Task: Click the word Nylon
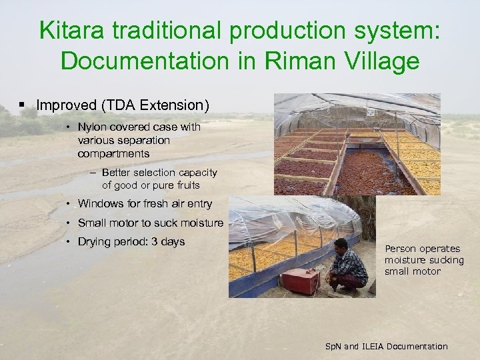pyautogui.click(x=92, y=127)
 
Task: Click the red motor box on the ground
pyautogui.click(x=300, y=281)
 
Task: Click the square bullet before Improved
pyautogui.click(x=23, y=105)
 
